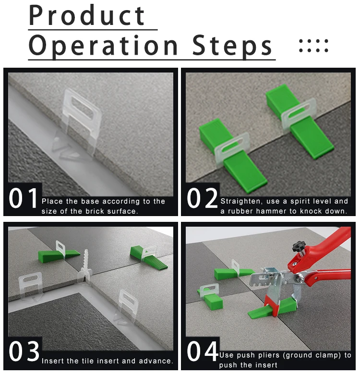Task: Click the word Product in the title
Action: click(86, 15)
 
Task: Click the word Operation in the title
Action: click(104, 45)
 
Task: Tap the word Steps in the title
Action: click(232, 45)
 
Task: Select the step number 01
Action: click(23, 198)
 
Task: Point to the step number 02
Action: click(202, 198)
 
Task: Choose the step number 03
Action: click(24, 352)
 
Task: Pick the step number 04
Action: click(203, 352)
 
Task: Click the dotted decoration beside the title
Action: click(313, 46)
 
